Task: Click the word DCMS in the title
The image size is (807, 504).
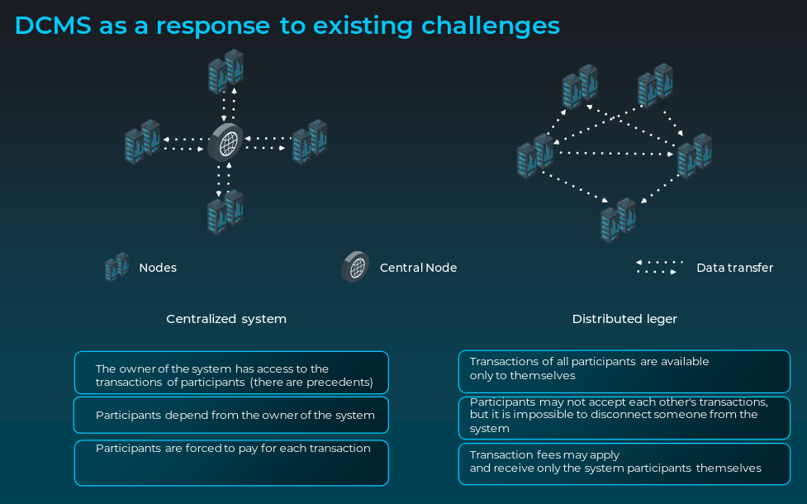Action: click(x=54, y=26)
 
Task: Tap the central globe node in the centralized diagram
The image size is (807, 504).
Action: click(x=226, y=143)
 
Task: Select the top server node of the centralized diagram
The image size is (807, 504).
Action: click(x=225, y=70)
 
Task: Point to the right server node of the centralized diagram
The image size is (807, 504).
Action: click(x=310, y=141)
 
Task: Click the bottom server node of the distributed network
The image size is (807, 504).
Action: click(x=618, y=219)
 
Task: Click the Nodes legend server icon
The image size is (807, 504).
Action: click(x=116, y=267)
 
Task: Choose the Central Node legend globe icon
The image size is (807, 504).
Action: click(x=355, y=267)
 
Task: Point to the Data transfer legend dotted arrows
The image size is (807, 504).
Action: click(x=658, y=267)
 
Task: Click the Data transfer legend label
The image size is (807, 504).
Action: click(x=734, y=268)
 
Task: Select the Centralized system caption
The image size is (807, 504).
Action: click(x=226, y=319)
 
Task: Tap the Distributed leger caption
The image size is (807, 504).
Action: click(x=624, y=319)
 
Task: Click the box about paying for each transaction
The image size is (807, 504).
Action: click(x=231, y=462)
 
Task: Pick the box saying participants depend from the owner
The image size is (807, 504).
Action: click(x=231, y=415)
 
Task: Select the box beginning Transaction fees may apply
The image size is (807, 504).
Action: click(x=624, y=464)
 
